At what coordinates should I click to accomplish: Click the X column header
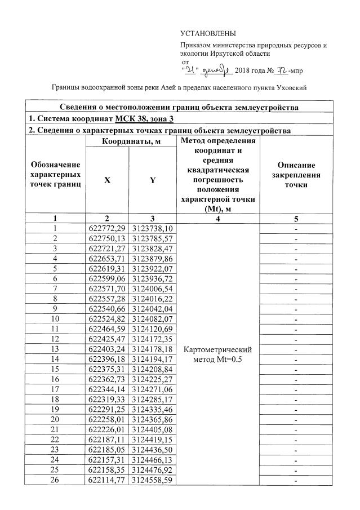tap(106, 180)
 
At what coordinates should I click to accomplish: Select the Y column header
tap(152, 180)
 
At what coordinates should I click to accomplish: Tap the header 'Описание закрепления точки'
tap(296, 175)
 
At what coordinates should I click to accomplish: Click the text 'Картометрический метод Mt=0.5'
tap(218, 354)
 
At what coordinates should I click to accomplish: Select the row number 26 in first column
tap(55, 480)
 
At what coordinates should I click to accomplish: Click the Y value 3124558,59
tap(152, 480)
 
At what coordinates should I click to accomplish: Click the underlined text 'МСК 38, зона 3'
tap(145, 119)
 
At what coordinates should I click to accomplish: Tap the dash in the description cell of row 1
tap(296, 228)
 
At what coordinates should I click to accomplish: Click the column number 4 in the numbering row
tap(218, 219)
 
